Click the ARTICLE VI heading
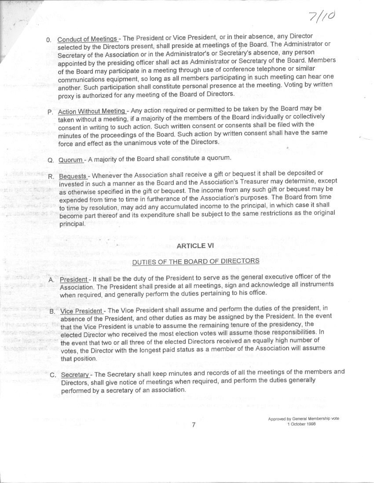[195, 246]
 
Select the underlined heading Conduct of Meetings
[87, 39]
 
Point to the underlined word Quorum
[70, 159]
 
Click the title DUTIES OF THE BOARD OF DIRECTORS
[196, 261]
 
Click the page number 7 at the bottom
[194, 425]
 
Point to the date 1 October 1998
[301, 424]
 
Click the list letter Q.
[50, 160]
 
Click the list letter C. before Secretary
[52, 375]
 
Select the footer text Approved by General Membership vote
[304, 419]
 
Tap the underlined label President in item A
[73, 280]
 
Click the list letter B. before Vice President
[52, 312]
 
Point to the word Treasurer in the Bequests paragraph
[242, 181]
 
